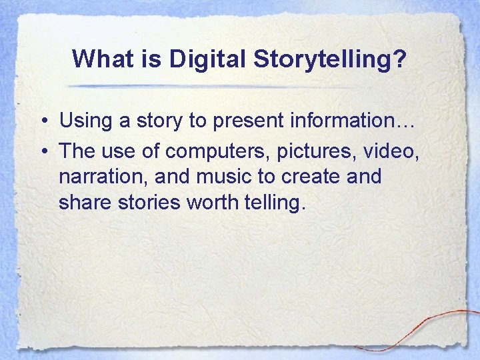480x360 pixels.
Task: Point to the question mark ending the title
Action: click(399, 59)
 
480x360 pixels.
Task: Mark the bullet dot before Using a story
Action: click(42, 122)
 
